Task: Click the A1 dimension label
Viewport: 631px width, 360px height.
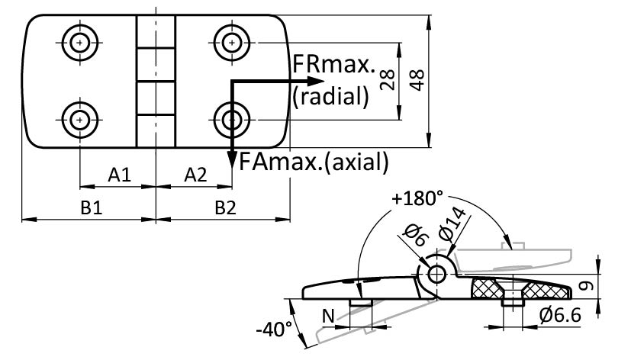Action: click(118, 175)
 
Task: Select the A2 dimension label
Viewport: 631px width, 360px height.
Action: click(195, 175)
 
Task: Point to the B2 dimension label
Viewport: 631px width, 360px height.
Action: click(224, 208)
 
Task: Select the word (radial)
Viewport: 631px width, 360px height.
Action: click(330, 96)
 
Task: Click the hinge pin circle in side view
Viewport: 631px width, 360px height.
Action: click(437, 274)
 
